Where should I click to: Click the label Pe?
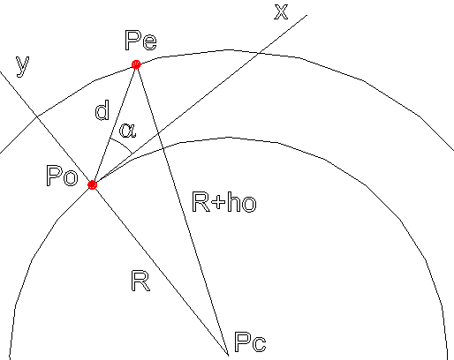pos(140,40)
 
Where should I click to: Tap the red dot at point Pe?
pos(136,64)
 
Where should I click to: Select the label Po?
pos(62,176)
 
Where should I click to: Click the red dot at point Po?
pos(92,184)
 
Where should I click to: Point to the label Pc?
pos(250,341)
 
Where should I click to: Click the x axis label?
pos(281,12)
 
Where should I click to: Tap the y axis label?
pos(23,67)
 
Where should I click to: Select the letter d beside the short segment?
pos(102,109)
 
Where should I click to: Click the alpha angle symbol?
pos(128,131)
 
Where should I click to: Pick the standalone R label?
pos(140,281)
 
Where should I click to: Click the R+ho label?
pos(224,201)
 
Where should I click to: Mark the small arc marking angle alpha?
pos(122,144)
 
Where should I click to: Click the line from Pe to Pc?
pos(182,209)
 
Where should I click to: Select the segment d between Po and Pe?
pos(114,124)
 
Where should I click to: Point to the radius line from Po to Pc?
pos(160,270)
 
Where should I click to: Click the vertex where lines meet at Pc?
pos(229,355)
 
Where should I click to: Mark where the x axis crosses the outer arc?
pos(258,53)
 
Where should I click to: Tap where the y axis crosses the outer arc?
pos(37,116)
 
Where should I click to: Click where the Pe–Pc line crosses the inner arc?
pos(163,149)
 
